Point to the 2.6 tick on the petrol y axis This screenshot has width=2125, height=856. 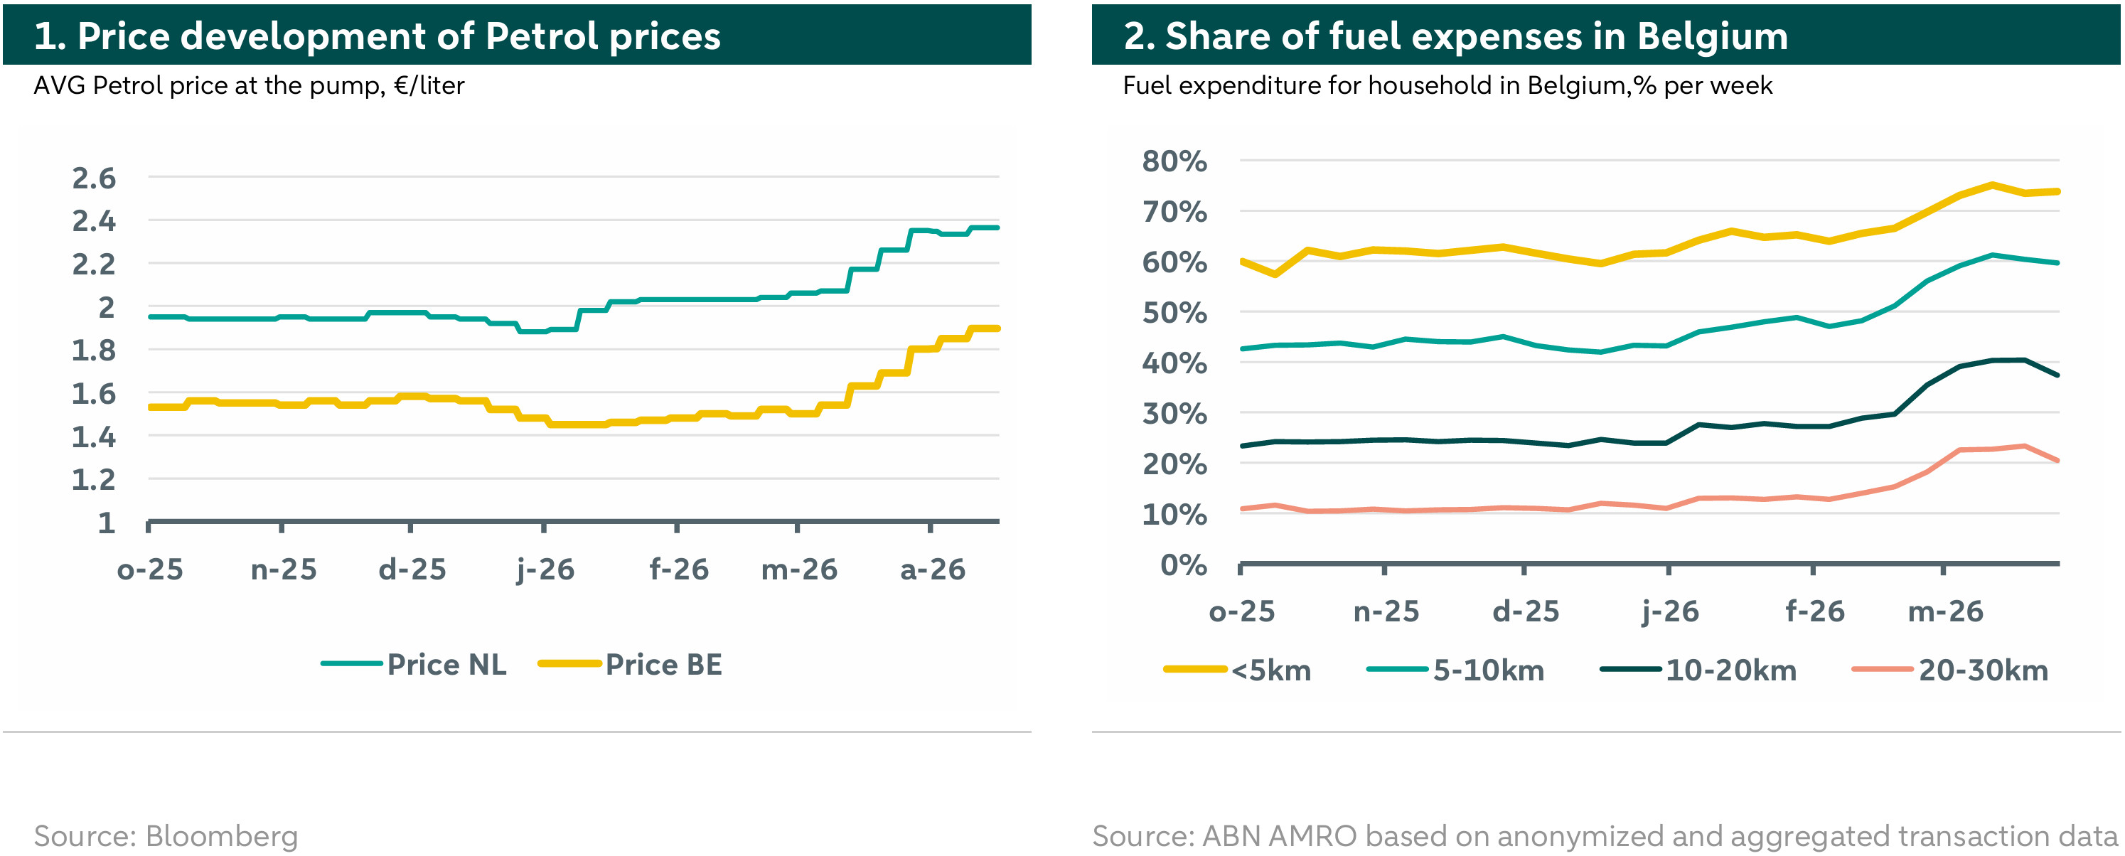tap(94, 178)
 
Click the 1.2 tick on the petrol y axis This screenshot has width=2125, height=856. tap(94, 479)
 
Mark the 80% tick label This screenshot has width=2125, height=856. tap(1174, 161)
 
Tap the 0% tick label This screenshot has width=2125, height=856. tap(1183, 565)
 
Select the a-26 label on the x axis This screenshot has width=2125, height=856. tap(932, 569)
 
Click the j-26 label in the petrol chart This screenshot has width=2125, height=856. tap(545, 569)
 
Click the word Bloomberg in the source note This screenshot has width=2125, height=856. tap(221, 835)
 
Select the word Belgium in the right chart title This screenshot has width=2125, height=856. tap(1712, 36)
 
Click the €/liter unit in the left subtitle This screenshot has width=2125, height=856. tap(429, 86)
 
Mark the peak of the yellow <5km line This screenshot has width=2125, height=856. tap(1992, 185)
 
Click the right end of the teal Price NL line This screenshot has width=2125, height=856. tap(997, 228)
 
